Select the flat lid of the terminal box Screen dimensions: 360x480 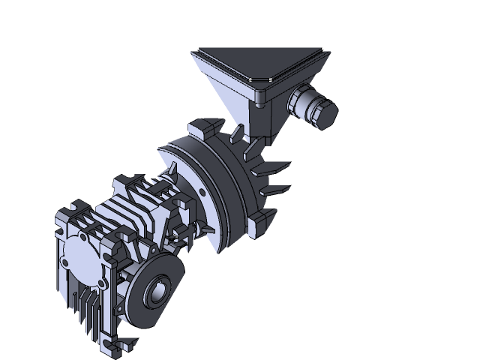click(259, 63)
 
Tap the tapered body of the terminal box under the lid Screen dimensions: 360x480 click(247, 105)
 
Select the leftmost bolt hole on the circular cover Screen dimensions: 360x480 click(64, 263)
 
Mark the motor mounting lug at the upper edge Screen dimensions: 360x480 click(202, 124)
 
